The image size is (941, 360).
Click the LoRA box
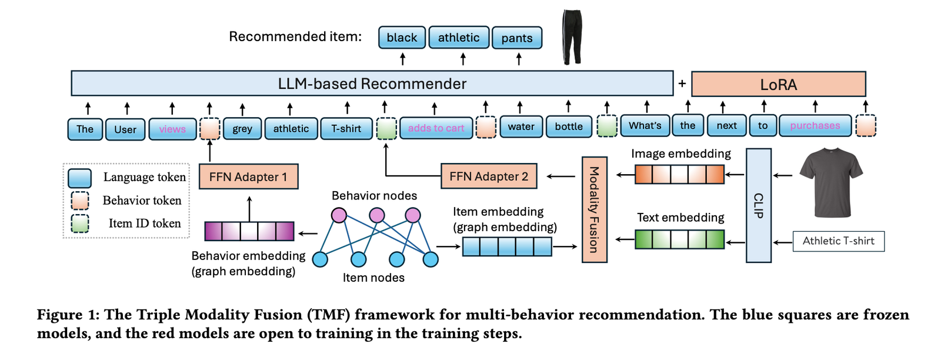click(x=778, y=84)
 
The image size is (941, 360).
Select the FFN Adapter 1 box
click(x=248, y=176)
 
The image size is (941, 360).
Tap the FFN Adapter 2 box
click(x=489, y=176)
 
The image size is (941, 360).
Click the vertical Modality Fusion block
click(x=594, y=209)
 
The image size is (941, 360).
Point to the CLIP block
click(x=758, y=205)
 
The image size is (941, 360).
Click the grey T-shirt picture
click(x=830, y=182)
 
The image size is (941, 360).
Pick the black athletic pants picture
click(x=572, y=36)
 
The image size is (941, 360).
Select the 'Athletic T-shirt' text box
click(x=838, y=241)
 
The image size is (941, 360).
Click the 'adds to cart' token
click(x=436, y=128)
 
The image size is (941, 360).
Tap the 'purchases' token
click(x=815, y=126)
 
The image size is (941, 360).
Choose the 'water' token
click(x=521, y=126)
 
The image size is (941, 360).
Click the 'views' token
click(x=172, y=129)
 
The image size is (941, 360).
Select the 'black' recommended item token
click(x=402, y=38)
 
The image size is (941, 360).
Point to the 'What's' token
click(x=645, y=126)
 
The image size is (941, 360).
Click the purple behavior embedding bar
click(x=249, y=231)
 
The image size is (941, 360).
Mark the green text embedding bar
click(x=679, y=239)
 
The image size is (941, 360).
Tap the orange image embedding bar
click(x=679, y=174)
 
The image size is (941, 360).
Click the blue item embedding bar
click(x=507, y=246)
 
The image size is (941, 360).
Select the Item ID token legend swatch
click(x=79, y=224)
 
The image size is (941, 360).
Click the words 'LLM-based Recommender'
click(x=372, y=84)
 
